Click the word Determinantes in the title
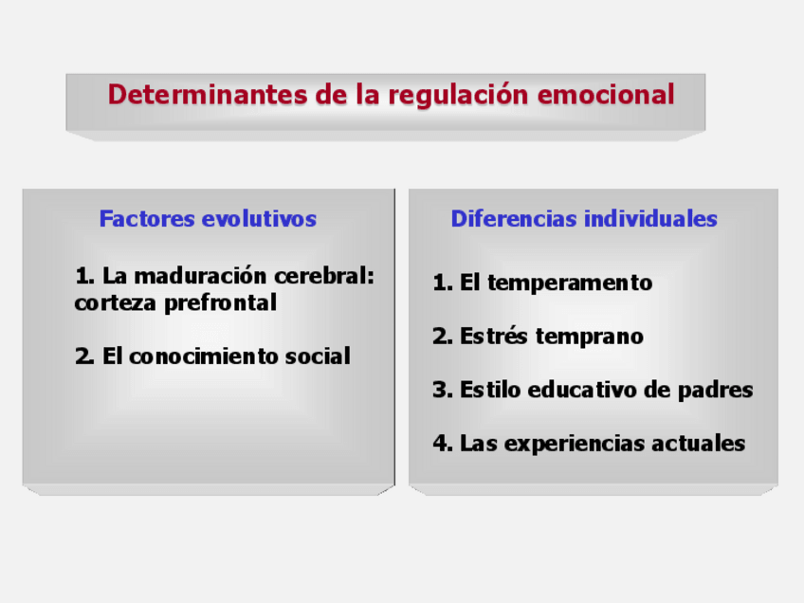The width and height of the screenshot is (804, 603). pyautogui.click(x=207, y=95)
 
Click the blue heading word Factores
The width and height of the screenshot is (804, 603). pyautogui.click(x=147, y=219)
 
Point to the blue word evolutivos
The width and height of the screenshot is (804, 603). pyautogui.click(x=259, y=219)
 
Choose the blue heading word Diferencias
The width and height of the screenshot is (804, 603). pyautogui.click(x=514, y=219)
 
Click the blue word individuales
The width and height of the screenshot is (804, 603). pyautogui.click(x=650, y=219)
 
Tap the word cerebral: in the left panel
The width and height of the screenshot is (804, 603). pyautogui.click(x=324, y=276)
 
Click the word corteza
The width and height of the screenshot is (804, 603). pyautogui.click(x=115, y=303)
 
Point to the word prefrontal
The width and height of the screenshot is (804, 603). pyautogui.click(x=221, y=303)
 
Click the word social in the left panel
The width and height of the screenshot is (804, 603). pyautogui.click(x=318, y=356)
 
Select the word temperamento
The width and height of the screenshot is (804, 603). pyautogui.click(x=570, y=283)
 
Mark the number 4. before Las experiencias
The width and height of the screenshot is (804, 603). pyautogui.click(x=443, y=443)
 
